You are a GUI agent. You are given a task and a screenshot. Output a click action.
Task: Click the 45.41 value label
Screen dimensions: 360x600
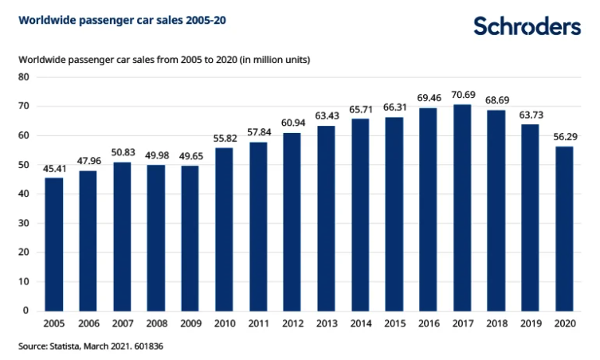coord(54,169)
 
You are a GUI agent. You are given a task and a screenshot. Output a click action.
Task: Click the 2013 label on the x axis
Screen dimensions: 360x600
coord(327,324)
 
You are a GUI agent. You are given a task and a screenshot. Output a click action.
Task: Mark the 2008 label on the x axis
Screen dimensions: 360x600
coord(156,324)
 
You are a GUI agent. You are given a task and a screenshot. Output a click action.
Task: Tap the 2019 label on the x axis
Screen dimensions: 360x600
coord(531,324)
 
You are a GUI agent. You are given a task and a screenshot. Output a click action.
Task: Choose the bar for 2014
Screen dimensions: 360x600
coord(360,214)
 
